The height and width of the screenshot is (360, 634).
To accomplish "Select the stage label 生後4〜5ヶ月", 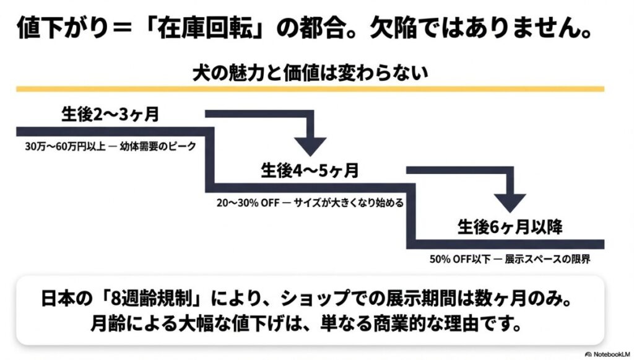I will click(310, 170).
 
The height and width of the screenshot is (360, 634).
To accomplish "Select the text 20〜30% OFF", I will click(242, 203).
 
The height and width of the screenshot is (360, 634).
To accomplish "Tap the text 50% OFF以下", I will click(454, 258).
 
